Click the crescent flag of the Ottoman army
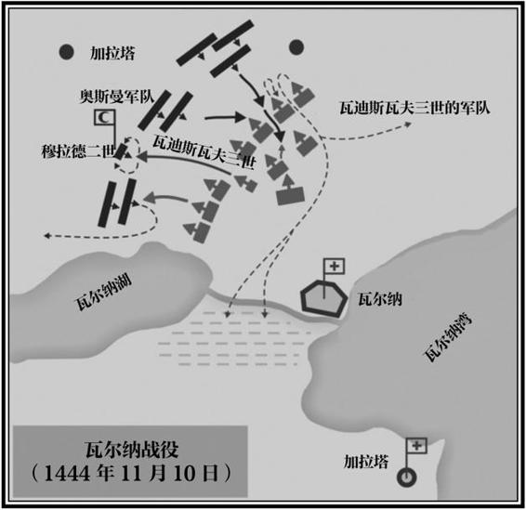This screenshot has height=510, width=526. [x=105, y=117]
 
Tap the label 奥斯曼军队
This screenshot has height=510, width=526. [x=117, y=97]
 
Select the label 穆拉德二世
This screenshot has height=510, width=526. [x=78, y=150]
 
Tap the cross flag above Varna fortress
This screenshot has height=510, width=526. [x=335, y=267]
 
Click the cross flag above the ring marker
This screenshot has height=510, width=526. [x=416, y=446]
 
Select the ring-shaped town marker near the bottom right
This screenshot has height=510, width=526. [x=406, y=477]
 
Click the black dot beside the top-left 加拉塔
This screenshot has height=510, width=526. [x=66, y=52]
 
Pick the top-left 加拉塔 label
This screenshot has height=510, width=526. [x=112, y=53]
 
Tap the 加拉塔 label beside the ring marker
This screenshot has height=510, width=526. [x=366, y=462]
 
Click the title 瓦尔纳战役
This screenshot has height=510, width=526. [x=131, y=450]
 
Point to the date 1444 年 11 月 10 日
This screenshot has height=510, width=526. [x=131, y=474]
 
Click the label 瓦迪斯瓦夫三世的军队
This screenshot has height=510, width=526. [x=415, y=108]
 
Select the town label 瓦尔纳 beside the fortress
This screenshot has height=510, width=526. [x=380, y=299]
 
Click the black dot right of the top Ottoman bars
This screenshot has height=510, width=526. [x=296, y=47]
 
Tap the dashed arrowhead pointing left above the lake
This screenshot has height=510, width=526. [x=47, y=236]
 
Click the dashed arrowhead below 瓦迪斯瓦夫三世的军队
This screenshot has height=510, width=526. [x=408, y=124]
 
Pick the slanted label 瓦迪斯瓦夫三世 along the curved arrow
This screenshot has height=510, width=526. [x=204, y=153]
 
